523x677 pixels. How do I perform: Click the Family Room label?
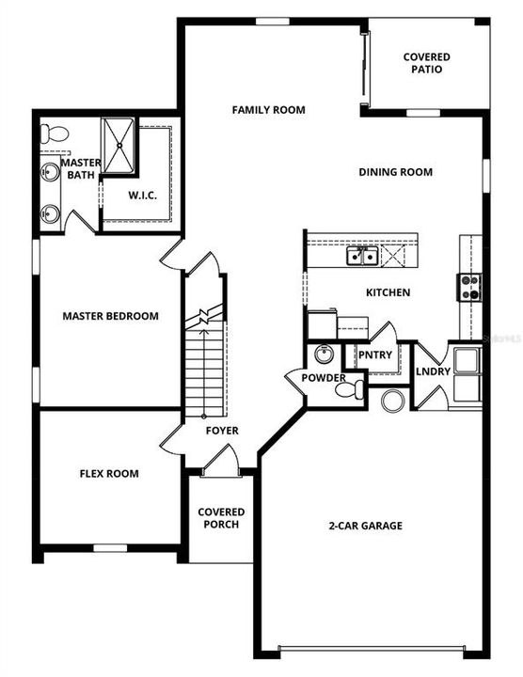tap(268, 110)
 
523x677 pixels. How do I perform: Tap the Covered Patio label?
tap(426, 63)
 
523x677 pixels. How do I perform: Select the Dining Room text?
tap(395, 172)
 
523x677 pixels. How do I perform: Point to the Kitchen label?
tap(388, 292)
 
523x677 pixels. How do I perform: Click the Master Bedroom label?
tap(110, 316)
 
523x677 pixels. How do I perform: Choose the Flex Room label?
tap(109, 474)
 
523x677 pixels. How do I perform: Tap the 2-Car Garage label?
tap(367, 526)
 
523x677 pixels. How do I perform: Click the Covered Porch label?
tap(221, 518)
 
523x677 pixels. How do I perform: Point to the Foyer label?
tap(223, 431)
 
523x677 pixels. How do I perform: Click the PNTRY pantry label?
tap(374, 354)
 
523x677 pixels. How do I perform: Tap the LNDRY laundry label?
tap(430, 372)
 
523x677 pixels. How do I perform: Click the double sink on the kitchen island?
tap(362, 256)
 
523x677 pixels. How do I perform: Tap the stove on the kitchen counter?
tap(469, 286)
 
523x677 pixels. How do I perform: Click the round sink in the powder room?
tap(325, 355)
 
